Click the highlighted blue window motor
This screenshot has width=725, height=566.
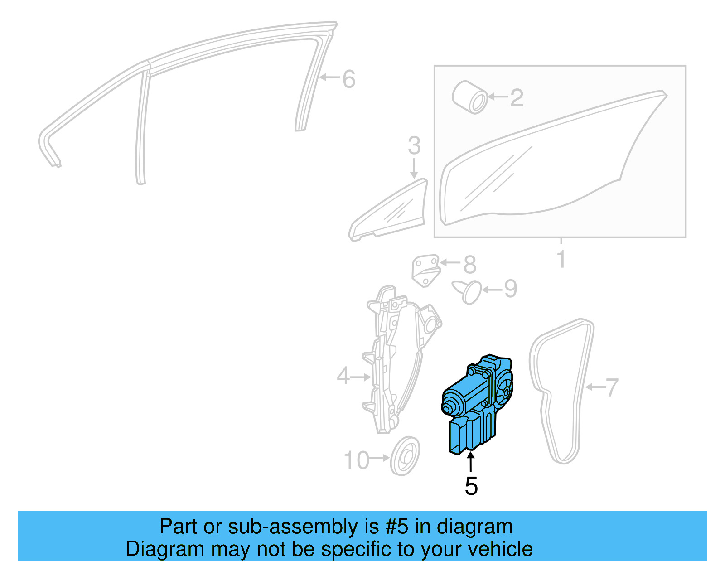[x=476, y=403]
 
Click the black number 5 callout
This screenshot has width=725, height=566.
[x=471, y=486]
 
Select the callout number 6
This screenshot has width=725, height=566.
[x=348, y=79]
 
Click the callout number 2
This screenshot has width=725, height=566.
[x=517, y=98]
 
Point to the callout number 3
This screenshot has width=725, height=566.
[x=414, y=146]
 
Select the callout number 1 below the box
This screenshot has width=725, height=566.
[x=561, y=259]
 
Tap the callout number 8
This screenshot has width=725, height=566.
[x=470, y=265]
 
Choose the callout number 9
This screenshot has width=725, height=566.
[x=511, y=289]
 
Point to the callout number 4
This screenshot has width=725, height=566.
[x=343, y=377]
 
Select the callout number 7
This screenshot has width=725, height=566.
[x=612, y=388]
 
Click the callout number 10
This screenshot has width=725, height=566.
[x=357, y=460]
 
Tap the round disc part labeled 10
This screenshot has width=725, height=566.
[x=405, y=456]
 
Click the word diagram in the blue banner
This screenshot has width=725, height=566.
[x=474, y=527]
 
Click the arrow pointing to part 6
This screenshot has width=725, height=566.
[x=329, y=77]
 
